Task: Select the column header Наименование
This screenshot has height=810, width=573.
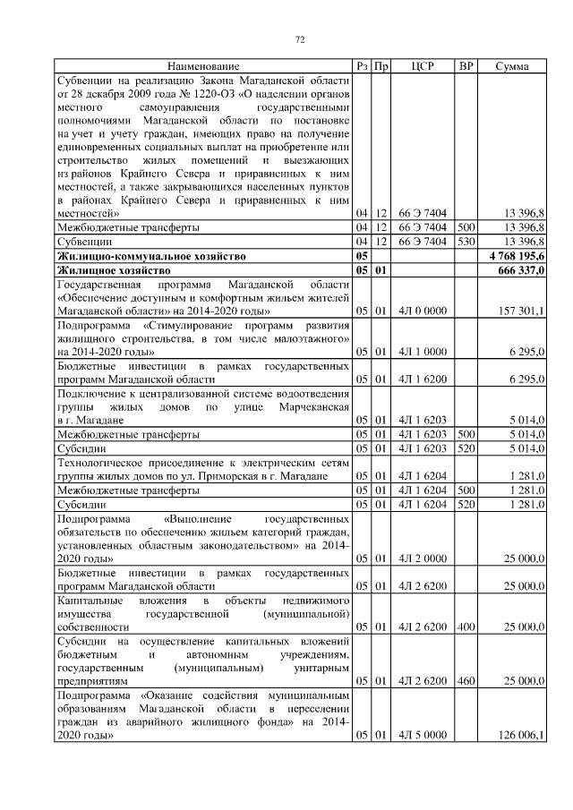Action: pyautogui.click(x=203, y=66)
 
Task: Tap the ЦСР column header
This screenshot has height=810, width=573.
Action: pyautogui.click(x=423, y=66)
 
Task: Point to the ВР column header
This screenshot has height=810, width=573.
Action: pyautogui.click(x=466, y=66)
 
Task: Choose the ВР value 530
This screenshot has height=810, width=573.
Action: pyautogui.click(x=466, y=242)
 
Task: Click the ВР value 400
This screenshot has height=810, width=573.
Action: pyautogui.click(x=466, y=627)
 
